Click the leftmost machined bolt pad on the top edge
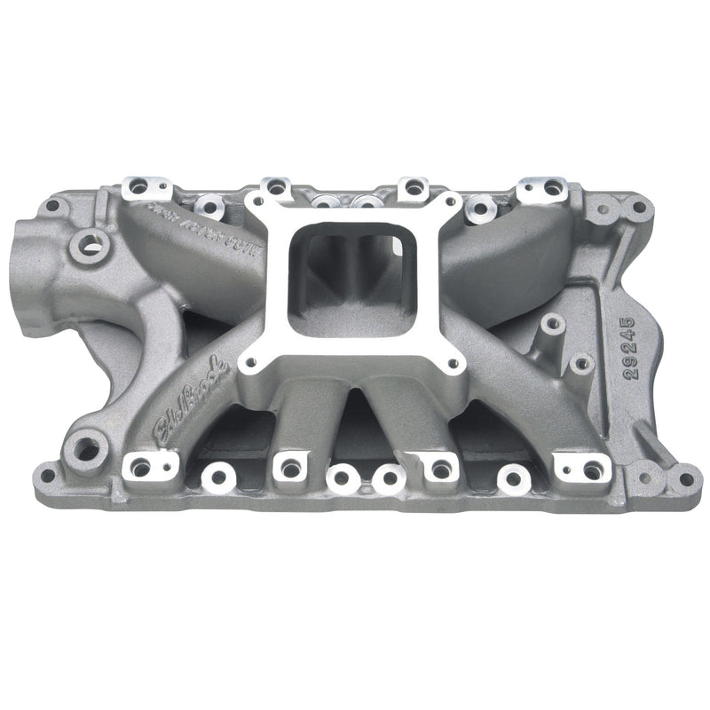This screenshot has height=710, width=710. pos(138,186)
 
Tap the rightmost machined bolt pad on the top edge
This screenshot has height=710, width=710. pos(552,188)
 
